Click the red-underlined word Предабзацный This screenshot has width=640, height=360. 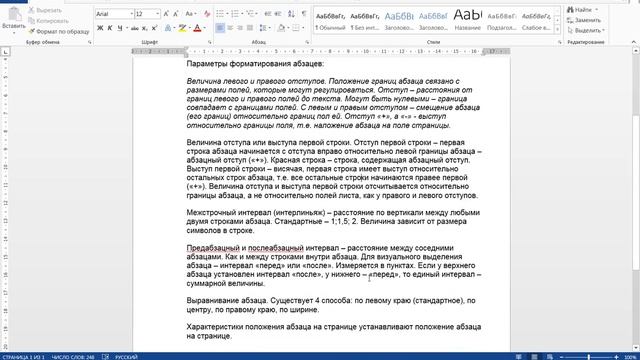pos(212,247)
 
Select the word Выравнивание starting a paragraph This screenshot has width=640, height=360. pos(214,299)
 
